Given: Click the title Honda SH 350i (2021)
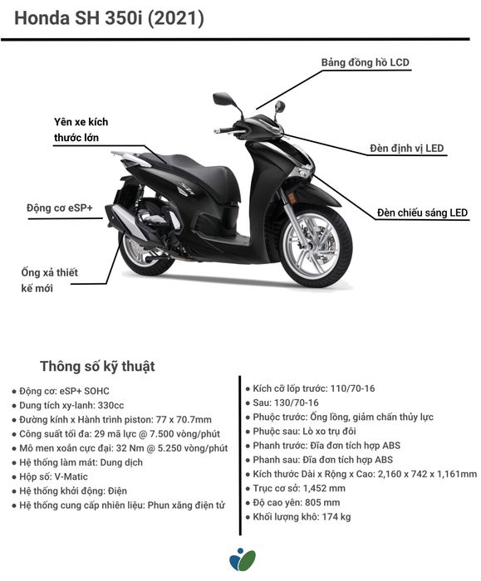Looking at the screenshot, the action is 109,18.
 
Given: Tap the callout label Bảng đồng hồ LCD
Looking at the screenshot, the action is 366,62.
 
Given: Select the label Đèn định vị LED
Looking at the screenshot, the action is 406,149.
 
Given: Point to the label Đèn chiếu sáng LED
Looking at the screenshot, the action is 422,212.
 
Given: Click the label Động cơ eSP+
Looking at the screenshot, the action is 60,207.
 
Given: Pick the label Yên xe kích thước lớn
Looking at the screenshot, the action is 81,129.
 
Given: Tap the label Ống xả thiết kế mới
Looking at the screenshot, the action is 49,281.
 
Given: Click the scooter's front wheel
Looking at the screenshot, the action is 315,247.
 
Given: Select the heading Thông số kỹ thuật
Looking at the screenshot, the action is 97,366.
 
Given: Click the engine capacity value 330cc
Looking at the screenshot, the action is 110,405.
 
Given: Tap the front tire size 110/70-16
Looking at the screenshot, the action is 352,388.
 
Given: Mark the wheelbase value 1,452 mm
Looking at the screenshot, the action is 324,488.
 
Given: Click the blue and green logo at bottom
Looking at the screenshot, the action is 243,559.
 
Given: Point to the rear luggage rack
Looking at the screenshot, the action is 126,156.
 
